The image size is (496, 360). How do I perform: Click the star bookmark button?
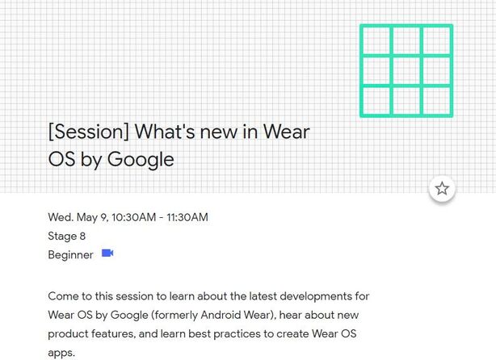(x=442, y=189)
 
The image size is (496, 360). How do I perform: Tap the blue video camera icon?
(x=107, y=253)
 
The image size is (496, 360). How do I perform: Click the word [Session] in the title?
(x=88, y=132)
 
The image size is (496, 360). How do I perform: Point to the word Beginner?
(x=70, y=255)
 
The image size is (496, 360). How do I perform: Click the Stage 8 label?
(x=67, y=236)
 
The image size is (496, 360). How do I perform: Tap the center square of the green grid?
(x=406, y=70)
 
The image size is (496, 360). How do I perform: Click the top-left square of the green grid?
(x=376, y=41)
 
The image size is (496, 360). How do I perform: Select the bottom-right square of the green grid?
(x=436, y=100)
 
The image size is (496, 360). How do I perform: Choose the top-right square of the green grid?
(x=436, y=41)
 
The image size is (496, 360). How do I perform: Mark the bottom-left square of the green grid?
(x=376, y=100)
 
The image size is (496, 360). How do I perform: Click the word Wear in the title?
(x=286, y=132)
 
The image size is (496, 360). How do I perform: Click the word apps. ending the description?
(x=61, y=353)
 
